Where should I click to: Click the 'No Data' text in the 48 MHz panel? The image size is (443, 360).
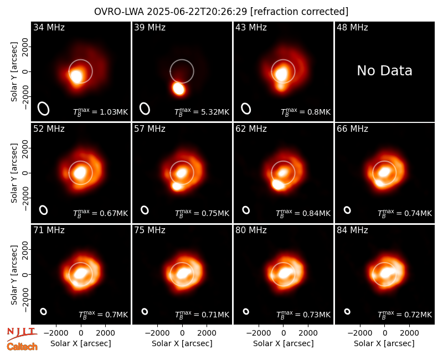pyautogui.click(x=384, y=71)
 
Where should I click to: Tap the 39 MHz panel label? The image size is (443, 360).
pyautogui.click(x=150, y=27)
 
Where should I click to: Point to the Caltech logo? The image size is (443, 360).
pyautogui.click(x=22, y=347)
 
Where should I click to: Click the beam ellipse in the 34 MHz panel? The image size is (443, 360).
pyautogui.click(x=44, y=109)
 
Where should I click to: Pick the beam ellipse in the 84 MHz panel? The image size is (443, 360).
pyautogui.click(x=347, y=311)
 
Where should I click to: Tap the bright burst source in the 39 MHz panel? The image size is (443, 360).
pyautogui.click(x=178, y=89)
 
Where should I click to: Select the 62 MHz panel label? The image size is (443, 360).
pyautogui.click(x=251, y=129)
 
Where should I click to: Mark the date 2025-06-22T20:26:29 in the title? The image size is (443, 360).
pyautogui.click(x=197, y=12)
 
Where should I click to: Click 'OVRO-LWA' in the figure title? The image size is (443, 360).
pyautogui.click(x=119, y=12)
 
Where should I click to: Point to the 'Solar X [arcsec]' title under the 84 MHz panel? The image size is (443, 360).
pyautogui.click(x=384, y=343)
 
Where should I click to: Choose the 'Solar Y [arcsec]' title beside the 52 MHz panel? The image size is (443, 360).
pyautogui.click(x=14, y=173)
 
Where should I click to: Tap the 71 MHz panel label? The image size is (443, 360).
pyautogui.click(x=49, y=230)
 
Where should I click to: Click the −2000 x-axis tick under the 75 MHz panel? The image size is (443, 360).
pyautogui.click(x=157, y=333)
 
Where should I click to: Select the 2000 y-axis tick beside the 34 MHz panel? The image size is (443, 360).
pyautogui.click(x=25, y=47)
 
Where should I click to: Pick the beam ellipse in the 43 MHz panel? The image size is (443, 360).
pyautogui.click(x=246, y=109)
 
